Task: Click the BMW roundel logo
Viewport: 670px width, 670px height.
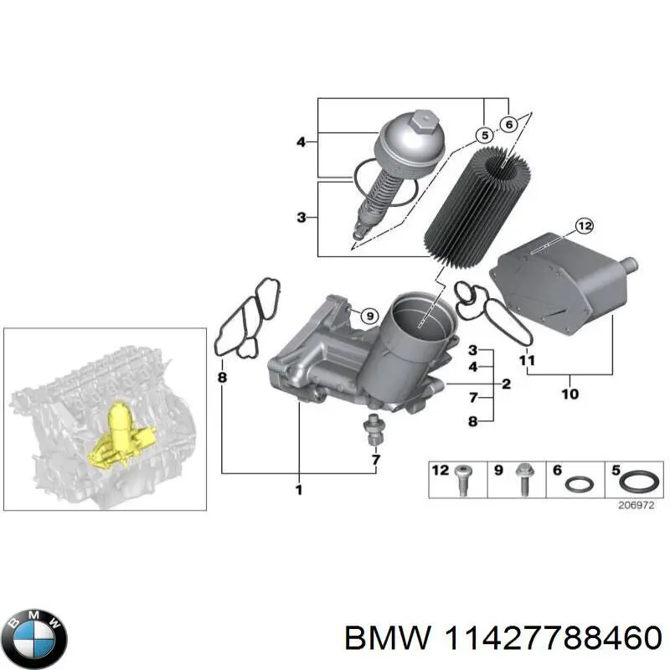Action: point(34,634)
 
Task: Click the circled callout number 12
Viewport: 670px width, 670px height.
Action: point(584,202)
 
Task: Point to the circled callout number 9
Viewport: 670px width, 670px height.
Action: point(366,315)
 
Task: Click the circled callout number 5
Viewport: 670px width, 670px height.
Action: point(483,135)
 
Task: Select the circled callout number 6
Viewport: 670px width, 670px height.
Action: point(508,124)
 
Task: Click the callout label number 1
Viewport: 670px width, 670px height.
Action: point(299,489)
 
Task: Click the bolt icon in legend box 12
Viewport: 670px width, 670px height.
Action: point(461,481)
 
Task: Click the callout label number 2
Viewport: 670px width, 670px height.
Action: point(506,384)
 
